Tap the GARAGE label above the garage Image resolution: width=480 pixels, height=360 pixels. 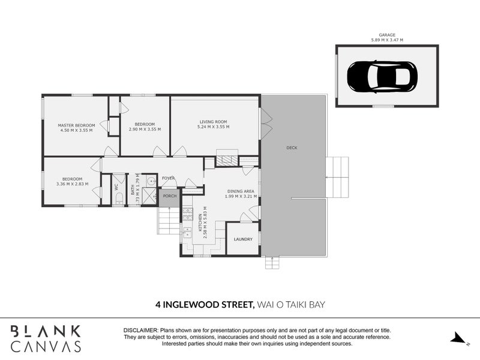tap(386, 35)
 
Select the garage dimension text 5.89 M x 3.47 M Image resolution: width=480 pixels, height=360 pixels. tap(386, 40)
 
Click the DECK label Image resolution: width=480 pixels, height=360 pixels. tap(292, 148)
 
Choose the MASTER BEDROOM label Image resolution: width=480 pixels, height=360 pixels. tap(76, 125)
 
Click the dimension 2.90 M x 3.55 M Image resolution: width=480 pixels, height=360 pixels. tap(145, 129)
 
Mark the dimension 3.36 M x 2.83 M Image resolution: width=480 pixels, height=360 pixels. tap(73, 184)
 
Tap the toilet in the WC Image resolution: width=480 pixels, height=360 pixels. tap(119, 197)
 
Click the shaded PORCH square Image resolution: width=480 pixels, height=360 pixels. tap(169, 196)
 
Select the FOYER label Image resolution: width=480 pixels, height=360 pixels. tap(168, 178)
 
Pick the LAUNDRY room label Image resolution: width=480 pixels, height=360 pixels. tap(243, 239)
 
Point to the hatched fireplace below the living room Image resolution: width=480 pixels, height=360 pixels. tap(226, 161)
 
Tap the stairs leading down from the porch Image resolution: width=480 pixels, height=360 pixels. tap(170, 220)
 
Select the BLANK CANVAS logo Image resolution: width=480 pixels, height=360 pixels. tap(46, 338)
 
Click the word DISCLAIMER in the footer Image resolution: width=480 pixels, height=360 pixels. tap(141, 331)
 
